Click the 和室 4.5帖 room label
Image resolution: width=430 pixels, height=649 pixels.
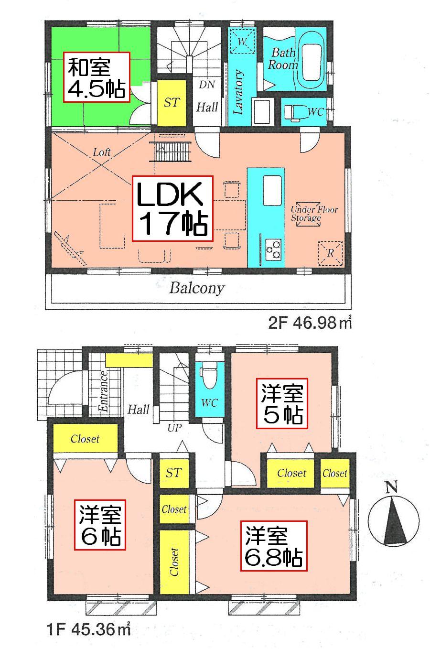coord(97,77)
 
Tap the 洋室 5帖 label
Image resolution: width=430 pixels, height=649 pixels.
coord(282,403)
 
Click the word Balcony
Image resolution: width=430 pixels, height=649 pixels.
coord(197,289)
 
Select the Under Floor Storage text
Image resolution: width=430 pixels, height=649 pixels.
coord(314,214)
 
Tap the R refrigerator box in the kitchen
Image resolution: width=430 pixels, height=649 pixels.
coord(330,252)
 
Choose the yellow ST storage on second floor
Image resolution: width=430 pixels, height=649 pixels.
coord(172,102)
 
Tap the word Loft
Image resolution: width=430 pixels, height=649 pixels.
coord(102,152)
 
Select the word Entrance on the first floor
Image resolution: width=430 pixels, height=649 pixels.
coord(103,391)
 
